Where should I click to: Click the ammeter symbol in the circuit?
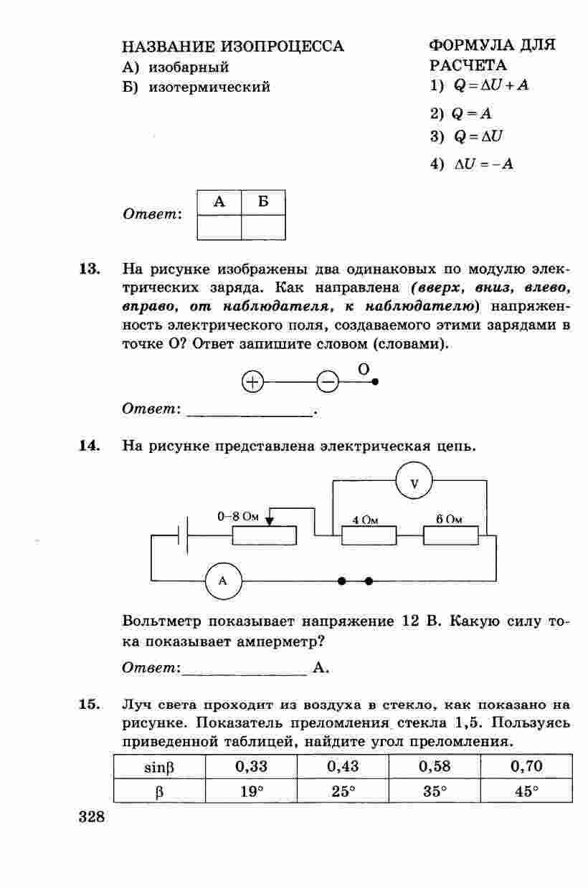tap(223, 581)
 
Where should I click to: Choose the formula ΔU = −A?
tap(483, 164)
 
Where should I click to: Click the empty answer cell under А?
tap(219, 226)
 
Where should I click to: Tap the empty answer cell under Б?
tap(263, 226)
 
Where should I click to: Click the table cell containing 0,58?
tap(434, 766)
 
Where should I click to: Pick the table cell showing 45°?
tap(526, 791)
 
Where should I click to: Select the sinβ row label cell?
tap(159, 766)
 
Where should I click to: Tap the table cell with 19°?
tap(250, 791)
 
